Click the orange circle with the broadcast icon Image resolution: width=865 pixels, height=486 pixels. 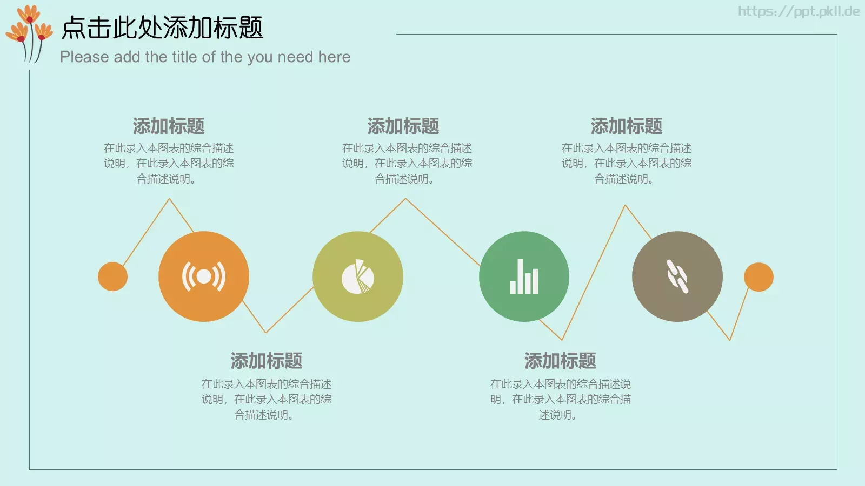(x=204, y=276)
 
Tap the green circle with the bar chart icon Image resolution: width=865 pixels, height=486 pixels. (x=524, y=276)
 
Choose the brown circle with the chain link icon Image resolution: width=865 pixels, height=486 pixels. (x=677, y=276)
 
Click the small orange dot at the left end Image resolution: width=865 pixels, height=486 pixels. (x=112, y=276)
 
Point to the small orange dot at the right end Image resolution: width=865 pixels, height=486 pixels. (x=758, y=277)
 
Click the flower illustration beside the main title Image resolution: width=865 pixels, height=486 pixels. (x=29, y=32)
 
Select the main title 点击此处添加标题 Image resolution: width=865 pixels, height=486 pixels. (x=162, y=28)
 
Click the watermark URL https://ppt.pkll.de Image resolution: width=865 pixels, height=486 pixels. (x=799, y=11)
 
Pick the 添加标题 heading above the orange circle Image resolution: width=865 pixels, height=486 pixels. (x=169, y=126)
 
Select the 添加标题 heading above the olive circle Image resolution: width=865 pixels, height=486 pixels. (x=403, y=126)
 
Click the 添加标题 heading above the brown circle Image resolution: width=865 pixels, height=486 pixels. (x=627, y=126)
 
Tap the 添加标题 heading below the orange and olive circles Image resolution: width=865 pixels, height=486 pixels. (x=267, y=361)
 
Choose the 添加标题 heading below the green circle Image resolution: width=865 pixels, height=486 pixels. (x=560, y=361)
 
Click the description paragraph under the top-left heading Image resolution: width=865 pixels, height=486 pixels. (x=169, y=163)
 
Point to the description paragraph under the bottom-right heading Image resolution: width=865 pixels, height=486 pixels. (x=560, y=399)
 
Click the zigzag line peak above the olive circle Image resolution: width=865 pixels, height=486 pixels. (x=405, y=199)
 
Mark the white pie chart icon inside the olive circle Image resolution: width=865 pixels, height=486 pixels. (x=358, y=277)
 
